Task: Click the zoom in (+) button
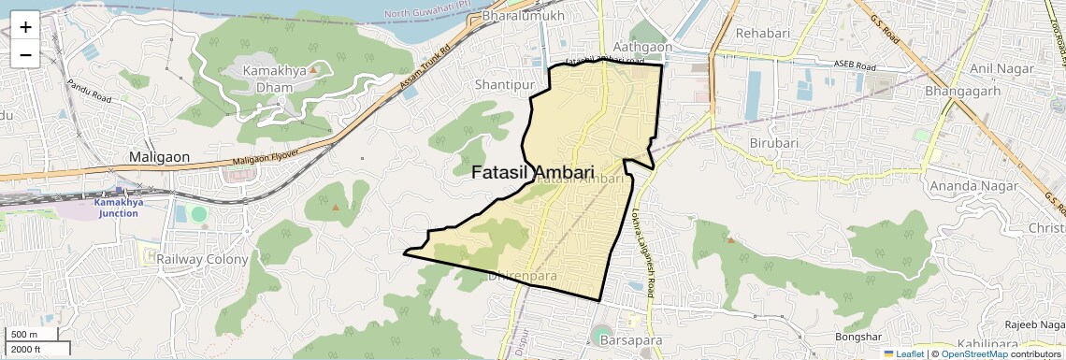point(25,26)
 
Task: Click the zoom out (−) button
point(25,54)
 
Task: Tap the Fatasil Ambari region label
point(533,173)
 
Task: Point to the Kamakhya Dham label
point(281,79)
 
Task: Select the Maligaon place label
point(160,157)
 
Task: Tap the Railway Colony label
point(202,259)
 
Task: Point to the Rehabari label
point(763,34)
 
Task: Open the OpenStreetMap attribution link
point(973,353)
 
